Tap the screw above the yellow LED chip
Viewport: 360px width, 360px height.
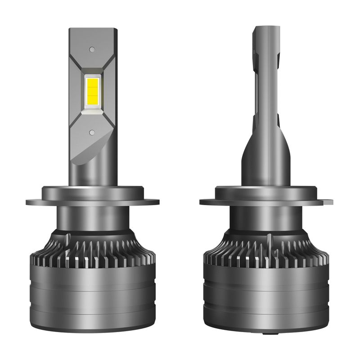tap(92, 49)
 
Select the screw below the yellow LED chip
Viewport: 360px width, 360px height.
tap(92, 132)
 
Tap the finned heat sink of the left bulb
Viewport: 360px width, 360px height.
tap(93, 250)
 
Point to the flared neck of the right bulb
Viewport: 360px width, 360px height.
tap(265, 157)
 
